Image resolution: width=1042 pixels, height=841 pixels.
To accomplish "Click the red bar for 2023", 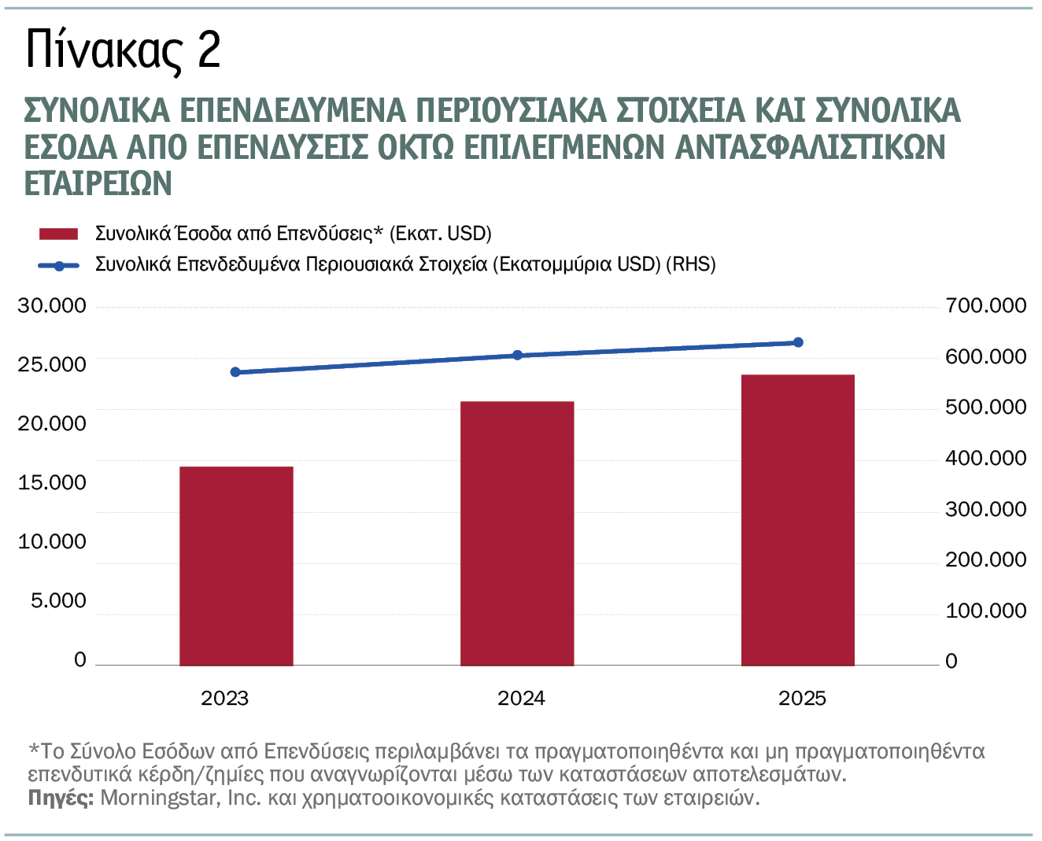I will (236, 566).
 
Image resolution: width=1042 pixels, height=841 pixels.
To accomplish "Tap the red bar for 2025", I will (797, 520).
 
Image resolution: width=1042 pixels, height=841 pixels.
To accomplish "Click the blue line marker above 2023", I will (235, 372).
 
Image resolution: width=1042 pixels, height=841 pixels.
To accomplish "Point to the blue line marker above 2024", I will (517, 356).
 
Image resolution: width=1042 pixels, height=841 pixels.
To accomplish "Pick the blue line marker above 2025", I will (798, 342).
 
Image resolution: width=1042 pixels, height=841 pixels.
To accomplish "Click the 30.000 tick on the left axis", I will (52, 306).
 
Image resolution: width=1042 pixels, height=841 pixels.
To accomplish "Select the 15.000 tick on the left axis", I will (52, 483).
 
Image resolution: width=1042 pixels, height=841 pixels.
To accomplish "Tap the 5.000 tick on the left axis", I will (58, 601).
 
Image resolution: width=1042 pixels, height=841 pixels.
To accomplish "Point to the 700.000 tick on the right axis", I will (985, 306).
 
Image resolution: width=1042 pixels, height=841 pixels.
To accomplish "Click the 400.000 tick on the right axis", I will (985, 459).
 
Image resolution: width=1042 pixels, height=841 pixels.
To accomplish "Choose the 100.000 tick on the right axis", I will (985, 611).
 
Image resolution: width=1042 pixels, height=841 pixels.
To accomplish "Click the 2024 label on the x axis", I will (521, 699).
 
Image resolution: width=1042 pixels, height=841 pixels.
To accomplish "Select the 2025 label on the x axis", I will (802, 699).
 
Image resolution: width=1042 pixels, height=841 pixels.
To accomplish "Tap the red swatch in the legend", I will (59, 234).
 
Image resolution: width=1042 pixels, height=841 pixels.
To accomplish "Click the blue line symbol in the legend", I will (59, 265).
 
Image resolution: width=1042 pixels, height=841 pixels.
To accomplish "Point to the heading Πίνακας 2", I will (123, 50).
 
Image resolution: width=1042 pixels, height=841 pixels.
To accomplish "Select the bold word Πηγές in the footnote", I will (61, 798).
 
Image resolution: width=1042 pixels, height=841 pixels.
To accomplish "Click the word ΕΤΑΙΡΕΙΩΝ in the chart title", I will (98, 183).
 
